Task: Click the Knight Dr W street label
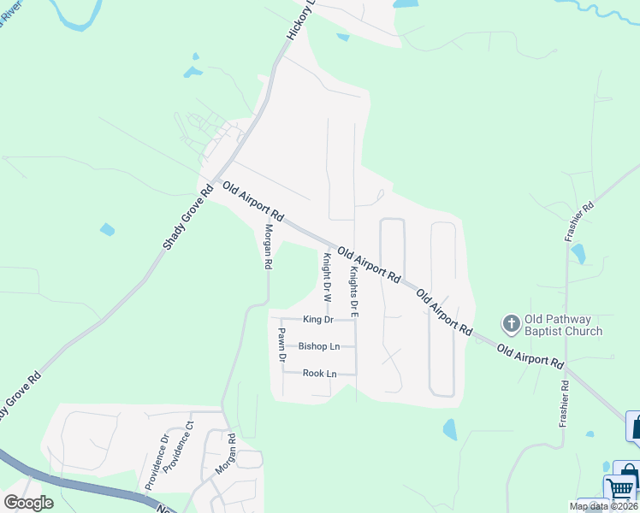(326, 279)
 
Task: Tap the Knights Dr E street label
(353, 292)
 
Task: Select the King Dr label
(317, 320)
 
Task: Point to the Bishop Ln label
(319, 346)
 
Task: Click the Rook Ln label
(319, 374)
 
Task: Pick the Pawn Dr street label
(280, 345)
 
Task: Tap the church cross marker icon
(511, 322)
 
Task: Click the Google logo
(28, 502)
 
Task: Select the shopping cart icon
(622, 489)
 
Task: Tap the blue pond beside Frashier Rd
(578, 253)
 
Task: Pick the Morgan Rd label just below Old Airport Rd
(268, 247)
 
